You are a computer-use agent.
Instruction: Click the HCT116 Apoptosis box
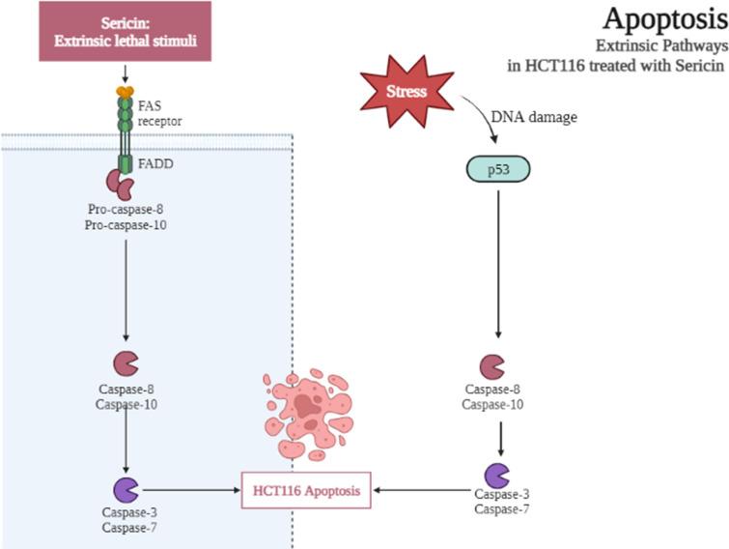pos(305,491)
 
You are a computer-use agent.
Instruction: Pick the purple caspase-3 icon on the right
pos(496,476)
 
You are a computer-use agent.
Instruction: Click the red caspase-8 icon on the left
pos(126,363)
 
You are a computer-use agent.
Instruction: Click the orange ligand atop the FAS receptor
pos(125,92)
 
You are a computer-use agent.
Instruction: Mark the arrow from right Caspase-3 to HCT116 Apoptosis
pos(425,490)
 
